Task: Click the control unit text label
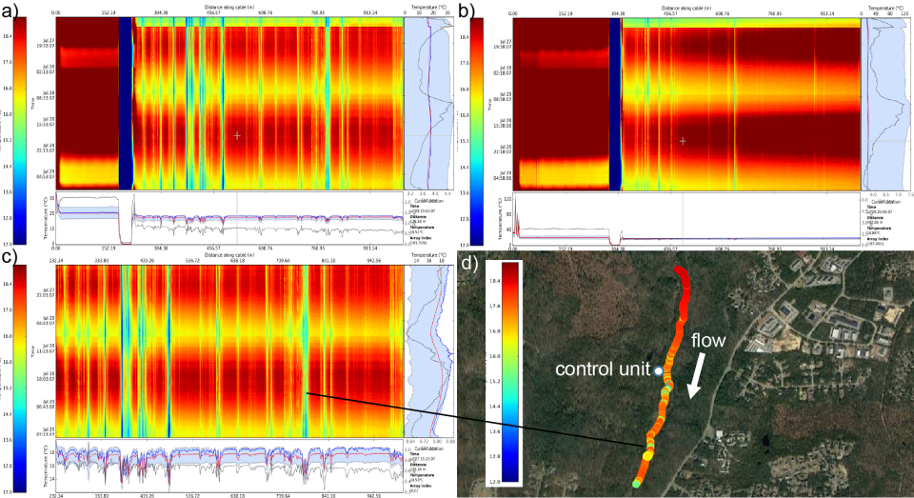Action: coord(603,368)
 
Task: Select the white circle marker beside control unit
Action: coord(658,369)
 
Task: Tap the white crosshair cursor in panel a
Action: coord(237,136)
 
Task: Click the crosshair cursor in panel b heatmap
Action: coord(683,140)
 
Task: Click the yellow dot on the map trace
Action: coord(647,455)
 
